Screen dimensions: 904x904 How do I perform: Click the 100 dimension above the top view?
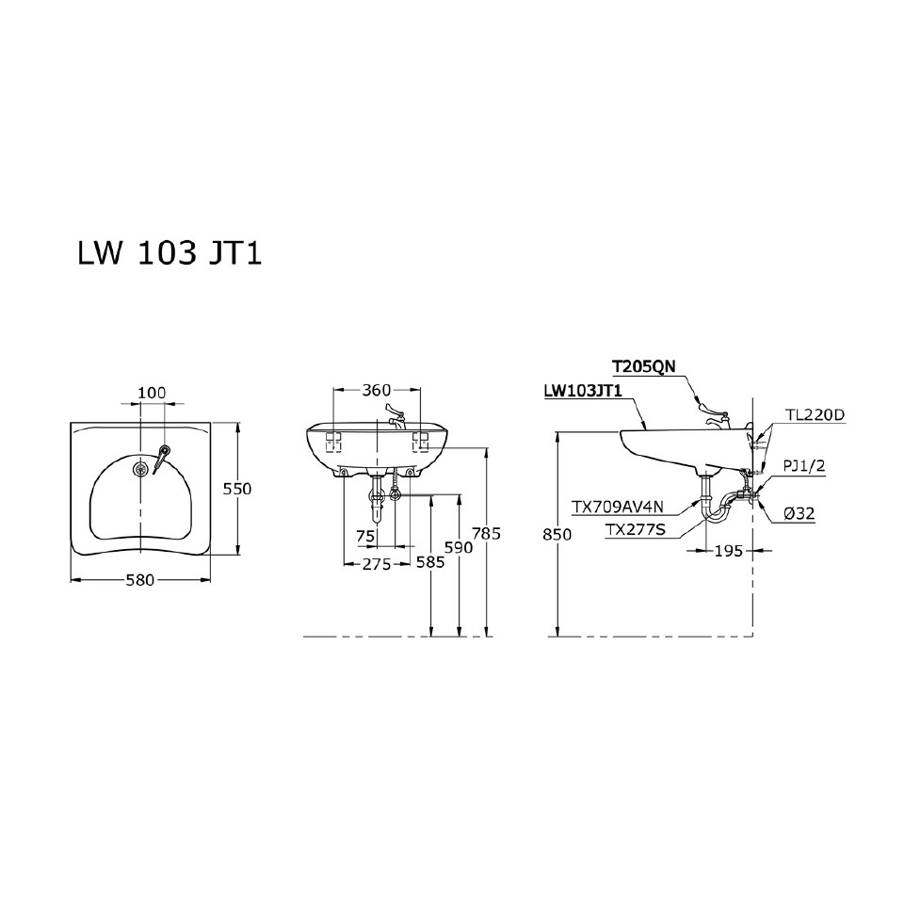tap(152, 392)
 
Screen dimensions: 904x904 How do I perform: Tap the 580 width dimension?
tap(140, 580)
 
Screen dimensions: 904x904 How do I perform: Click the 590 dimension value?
tap(458, 546)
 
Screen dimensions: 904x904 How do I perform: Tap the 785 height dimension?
tap(487, 534)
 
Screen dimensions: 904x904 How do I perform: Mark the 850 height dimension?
tap(558, 534)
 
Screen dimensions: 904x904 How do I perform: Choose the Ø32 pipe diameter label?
tap(799, 513)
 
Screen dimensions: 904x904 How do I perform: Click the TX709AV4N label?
tap(618, 508)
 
